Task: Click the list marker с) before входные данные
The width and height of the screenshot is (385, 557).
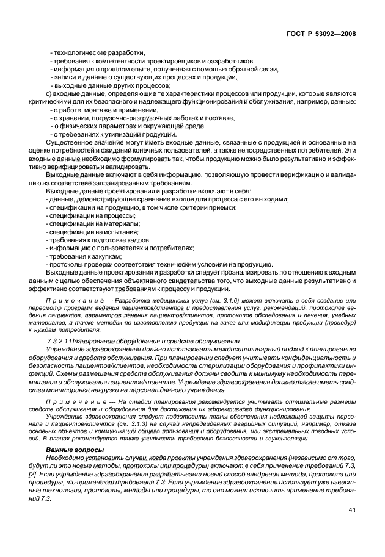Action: click(50, 93)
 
